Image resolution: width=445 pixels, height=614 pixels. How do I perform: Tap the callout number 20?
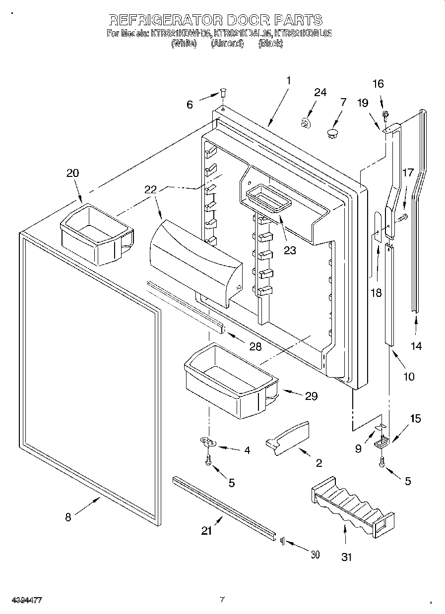[73, 173]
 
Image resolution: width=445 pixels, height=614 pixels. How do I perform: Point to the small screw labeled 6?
[223, 93]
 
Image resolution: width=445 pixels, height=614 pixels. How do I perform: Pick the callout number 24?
[320, 93]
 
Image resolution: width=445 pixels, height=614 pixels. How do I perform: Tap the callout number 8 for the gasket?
[68, 517]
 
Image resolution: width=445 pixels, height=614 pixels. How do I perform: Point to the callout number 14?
[417, 346]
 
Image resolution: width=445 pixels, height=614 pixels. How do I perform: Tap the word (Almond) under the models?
[227, 44]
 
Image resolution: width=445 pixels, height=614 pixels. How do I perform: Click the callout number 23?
[290, 250]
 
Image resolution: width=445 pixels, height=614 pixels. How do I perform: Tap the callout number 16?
[378, 84]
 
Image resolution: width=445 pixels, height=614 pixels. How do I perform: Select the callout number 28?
[255, 346]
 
